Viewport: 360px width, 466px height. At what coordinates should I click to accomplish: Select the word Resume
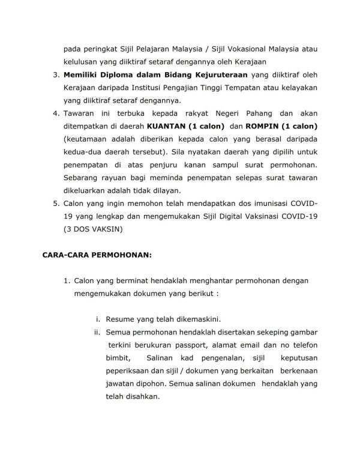tap(121, 318)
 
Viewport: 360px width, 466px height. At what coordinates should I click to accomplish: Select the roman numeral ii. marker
tap(97, 331)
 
